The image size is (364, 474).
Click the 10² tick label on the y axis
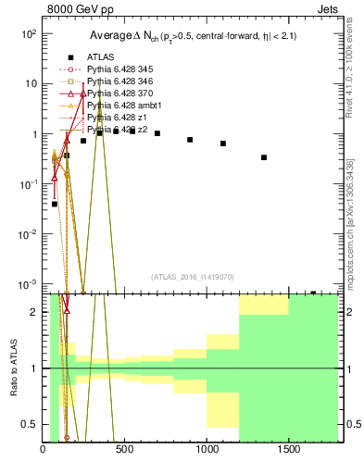(x=29, y=33)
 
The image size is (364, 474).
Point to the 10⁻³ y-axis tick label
(x=29, y=283)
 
